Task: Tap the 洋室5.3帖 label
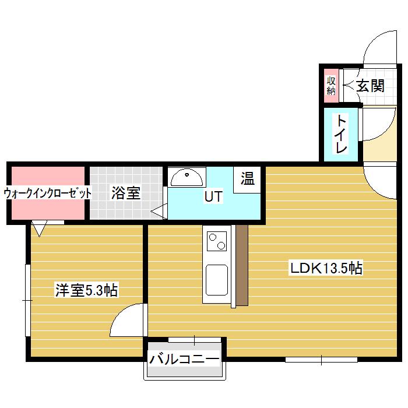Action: tap(87, 290)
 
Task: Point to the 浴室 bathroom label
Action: tap(126, 194)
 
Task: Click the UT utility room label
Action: tap(213, 197)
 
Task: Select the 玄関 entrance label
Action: tap(370, 86)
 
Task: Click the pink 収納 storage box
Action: tap(331, 86)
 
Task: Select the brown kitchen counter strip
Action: tap(242, 265)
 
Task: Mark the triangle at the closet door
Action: tap(40, 228)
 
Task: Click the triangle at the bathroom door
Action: tap(159, 212)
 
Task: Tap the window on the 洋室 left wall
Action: tap(27, 300)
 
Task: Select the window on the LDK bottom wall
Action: tap(321, 359)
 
